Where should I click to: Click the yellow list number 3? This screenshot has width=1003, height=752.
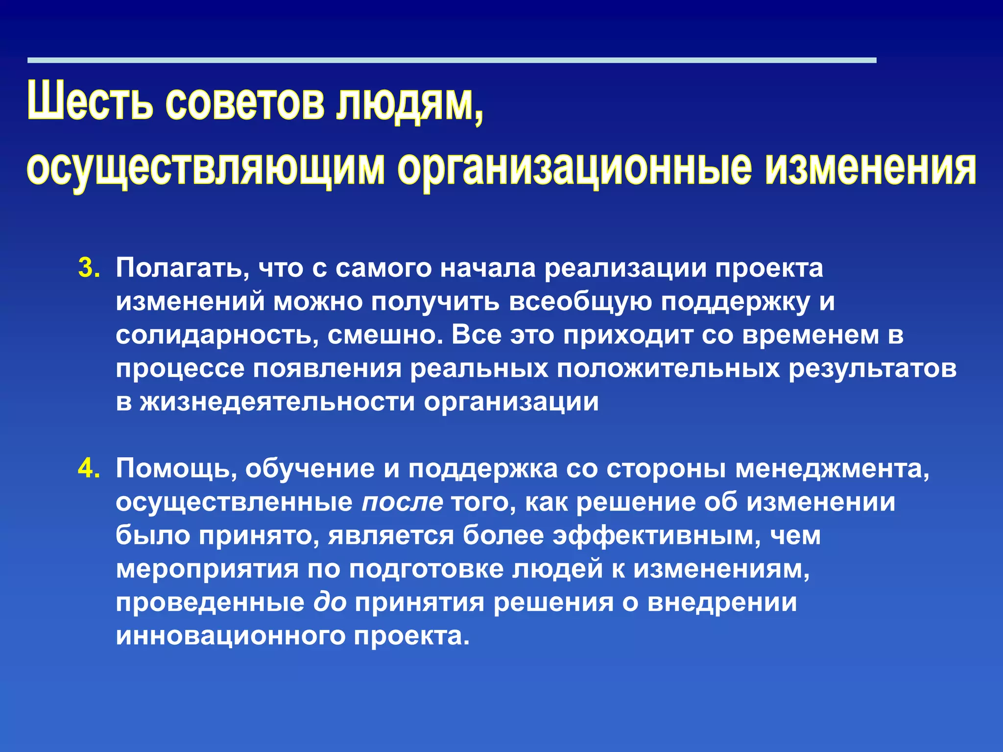click(89, 268)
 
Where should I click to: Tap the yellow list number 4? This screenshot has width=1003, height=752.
click(89, 469)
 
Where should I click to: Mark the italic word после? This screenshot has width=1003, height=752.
click(402, 502)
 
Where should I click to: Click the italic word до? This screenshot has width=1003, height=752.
click(330, 602)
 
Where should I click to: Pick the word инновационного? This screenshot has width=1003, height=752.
click(230, 635)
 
